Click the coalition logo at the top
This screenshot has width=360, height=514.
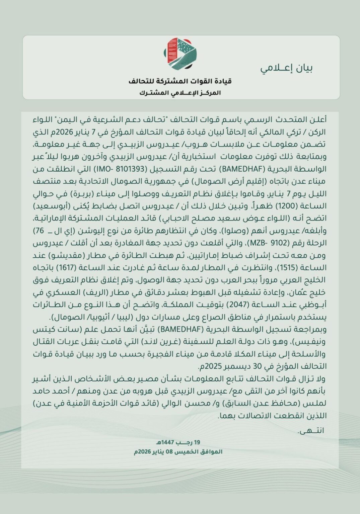(x=180, y=54)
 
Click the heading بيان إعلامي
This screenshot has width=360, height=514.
(x=287, y=68)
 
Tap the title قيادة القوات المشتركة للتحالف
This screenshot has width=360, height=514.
(x=180, y=81)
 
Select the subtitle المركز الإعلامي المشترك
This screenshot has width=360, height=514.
(x=180, y=93)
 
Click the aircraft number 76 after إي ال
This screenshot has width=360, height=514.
(x=41, y=231)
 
